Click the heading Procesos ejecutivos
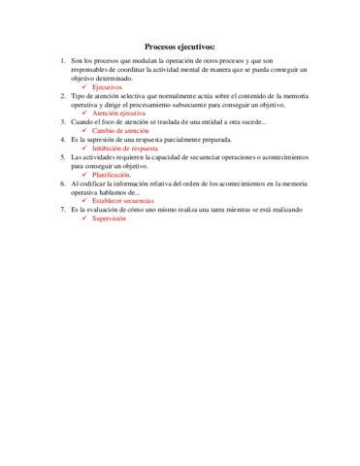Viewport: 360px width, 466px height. tap(180, 46)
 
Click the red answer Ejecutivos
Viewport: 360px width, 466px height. tap(108, 87)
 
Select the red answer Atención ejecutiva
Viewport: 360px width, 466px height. tap(120, 113)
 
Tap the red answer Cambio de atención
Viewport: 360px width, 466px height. tap(120, 130)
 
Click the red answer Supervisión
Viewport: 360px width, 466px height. tap(110, 216)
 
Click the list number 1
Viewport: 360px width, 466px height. tap(62, 61)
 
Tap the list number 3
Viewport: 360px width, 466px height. tap(62, 121)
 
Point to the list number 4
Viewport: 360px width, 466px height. tap(62, 139)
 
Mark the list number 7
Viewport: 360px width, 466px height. tap(62, 208)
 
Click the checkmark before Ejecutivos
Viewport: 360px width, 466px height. tap(85, 87)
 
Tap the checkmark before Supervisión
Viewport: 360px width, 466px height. tap(85, 216)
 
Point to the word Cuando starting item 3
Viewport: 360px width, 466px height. tap(83, 121)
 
